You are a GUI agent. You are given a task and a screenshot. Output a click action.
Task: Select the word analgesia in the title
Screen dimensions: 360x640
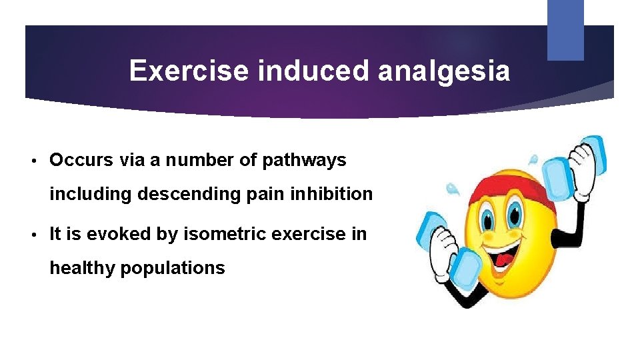pos(444,71)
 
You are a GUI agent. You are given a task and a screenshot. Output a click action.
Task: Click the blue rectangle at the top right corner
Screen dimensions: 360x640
pos(565,29)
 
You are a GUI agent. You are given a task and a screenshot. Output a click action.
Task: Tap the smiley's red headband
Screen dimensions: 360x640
pos(513,177)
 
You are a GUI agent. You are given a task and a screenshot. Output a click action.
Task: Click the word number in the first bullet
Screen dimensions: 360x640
pos(197,160)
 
